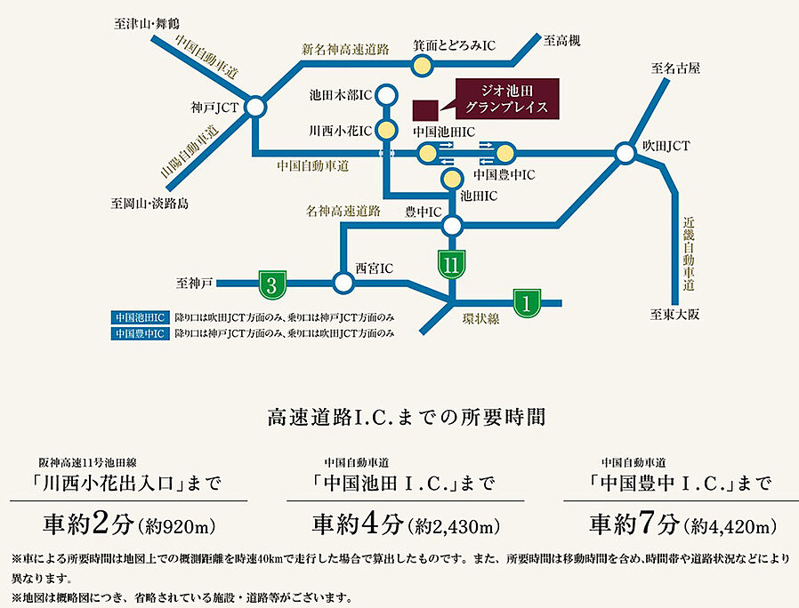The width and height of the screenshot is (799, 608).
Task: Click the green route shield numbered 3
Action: (271, 284)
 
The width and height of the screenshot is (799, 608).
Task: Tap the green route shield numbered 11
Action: (452, 263)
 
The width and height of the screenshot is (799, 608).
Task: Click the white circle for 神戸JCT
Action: (255, 108)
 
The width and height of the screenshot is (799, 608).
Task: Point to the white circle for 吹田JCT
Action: (625, 154)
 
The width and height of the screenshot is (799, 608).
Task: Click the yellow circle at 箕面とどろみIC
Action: (421, 64)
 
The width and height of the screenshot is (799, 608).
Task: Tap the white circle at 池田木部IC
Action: (386, 92)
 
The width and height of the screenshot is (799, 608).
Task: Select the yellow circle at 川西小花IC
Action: (386, 130)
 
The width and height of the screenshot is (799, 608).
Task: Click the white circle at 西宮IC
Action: (343, 284)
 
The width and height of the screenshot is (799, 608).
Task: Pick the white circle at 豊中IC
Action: (452, 225)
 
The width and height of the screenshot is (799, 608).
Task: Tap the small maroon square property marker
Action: (425, 108)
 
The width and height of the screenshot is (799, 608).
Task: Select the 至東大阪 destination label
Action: (675, 312)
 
